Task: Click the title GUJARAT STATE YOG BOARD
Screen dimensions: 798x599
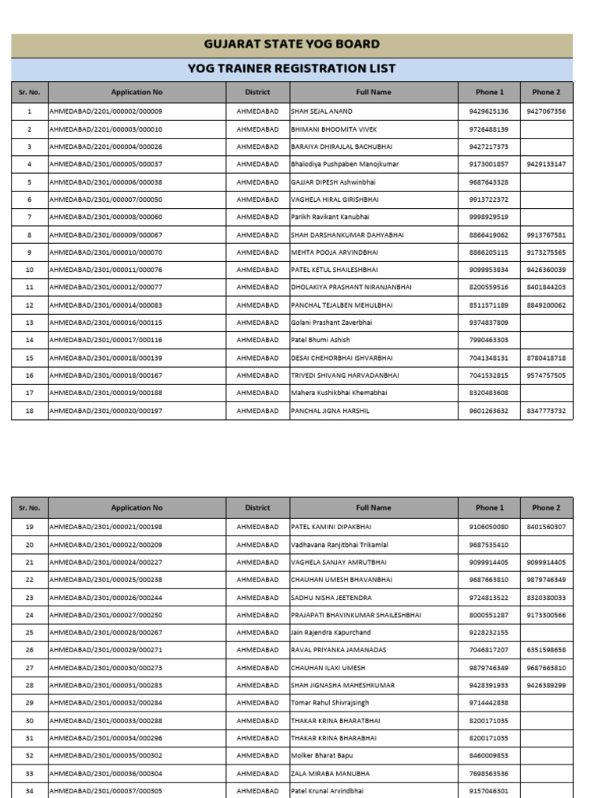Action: [x=292, y=44]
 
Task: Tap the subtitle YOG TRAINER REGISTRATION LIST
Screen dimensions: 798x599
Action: [x=292, y=69]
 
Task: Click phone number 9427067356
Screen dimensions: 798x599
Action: [x=546, y=111]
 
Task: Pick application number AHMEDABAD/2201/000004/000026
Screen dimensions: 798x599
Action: [x=106, y=147]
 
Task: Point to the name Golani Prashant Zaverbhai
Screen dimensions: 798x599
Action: [x=331, y=323]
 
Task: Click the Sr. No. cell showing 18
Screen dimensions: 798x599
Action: [x=30, y=411]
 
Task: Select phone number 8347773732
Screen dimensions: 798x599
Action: [x=546, y=411]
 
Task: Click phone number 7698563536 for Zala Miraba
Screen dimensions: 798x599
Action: [x=489, y=774]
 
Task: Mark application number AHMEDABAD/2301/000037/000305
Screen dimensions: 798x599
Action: [x=106, y=790]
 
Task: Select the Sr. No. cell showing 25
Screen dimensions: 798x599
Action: [x=30, y=633]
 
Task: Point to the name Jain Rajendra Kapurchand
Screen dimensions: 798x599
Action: [x=331, y=633]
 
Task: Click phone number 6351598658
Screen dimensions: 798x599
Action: [x=546, y=650]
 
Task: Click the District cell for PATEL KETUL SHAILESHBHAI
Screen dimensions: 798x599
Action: [x=257, y=270]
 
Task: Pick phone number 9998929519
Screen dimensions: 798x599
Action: [x=489, y=217]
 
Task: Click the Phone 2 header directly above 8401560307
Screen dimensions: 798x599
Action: [x=546, y=507]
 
